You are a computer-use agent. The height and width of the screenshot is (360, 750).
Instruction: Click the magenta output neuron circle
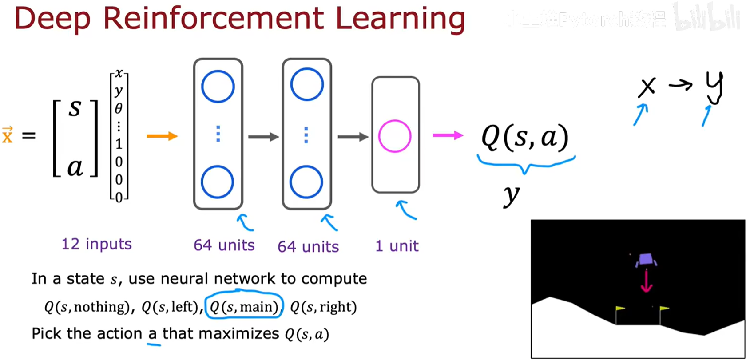394,136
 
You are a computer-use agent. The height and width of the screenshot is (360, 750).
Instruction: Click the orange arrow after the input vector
162,136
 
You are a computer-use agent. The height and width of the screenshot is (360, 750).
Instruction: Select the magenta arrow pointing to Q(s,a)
448,135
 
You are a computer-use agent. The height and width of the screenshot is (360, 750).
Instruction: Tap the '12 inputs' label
96,244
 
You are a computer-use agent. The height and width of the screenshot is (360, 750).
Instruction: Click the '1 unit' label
397,246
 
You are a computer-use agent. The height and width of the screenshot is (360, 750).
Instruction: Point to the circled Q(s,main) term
244,307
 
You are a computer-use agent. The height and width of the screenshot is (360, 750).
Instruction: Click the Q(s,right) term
323,307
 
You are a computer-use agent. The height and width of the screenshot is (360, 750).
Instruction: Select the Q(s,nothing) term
87,307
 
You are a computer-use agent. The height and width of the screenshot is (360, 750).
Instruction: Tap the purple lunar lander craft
646,260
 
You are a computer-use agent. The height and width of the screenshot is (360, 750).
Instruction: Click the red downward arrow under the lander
646,281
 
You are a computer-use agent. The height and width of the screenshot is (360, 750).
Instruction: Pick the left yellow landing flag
619,309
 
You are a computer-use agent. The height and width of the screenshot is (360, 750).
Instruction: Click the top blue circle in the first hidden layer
218,87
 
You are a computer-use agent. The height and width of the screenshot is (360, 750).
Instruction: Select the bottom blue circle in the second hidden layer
306,182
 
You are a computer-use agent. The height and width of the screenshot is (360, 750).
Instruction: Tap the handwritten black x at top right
647,87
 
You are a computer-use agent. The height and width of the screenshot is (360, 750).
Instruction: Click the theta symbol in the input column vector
119,108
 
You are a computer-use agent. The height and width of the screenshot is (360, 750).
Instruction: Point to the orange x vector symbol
7,135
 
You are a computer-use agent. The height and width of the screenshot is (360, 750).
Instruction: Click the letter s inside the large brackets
75,108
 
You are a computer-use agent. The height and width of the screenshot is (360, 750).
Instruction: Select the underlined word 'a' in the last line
152,334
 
